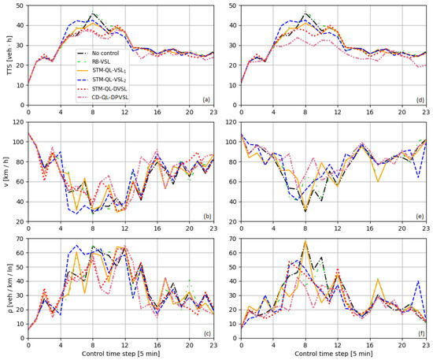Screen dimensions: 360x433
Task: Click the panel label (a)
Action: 205,99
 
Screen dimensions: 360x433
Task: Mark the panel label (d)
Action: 419,99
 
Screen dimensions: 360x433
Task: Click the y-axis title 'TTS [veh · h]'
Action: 6,56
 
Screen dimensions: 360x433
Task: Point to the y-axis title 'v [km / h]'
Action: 6,173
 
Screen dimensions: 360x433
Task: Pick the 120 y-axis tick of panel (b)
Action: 18,122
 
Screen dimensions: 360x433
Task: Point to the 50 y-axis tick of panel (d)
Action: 233,6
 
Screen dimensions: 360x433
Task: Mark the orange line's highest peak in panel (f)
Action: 305,242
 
